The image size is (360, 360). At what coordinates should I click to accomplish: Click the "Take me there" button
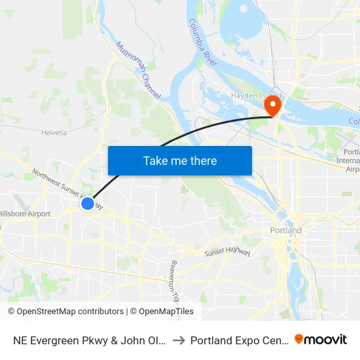click(x=180, y=160)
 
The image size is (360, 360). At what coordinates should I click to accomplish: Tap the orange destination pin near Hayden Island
click(x=270, y=105)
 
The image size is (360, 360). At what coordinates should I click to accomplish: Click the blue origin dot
click(x=88, y=204)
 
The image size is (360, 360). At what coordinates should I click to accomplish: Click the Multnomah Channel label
click(x=138, y=71)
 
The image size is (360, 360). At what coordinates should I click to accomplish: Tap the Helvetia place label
click(x=54, y=132)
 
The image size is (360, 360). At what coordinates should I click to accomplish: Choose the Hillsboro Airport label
click(x=25, y=214)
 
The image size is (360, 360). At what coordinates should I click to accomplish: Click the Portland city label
click(x=286, y=230)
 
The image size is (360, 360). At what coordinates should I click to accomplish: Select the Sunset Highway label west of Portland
click(x=226, y=251)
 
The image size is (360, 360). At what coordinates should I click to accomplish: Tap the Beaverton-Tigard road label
click(x=174, y=281)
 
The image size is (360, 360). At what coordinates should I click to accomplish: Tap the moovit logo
click(x=321, y=339)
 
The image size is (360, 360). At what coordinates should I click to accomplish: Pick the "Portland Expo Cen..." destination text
click(x=240, y=340)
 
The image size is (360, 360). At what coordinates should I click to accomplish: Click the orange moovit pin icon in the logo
click(x=299, y=339)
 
